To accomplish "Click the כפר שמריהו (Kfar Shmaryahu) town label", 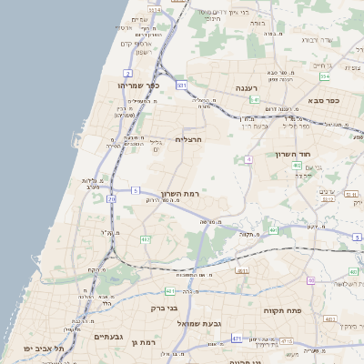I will point(138,86).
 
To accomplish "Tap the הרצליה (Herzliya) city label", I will point(187,139).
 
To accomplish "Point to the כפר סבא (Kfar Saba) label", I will point(323,100).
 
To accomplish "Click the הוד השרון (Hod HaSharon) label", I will point(294,155).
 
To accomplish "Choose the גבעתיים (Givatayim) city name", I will point(108,336).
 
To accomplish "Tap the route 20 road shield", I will point(112,198).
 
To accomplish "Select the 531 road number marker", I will point(182,85).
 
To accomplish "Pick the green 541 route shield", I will point(255,99).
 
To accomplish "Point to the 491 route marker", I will point(242,271).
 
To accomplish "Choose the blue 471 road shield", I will point(237,339).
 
